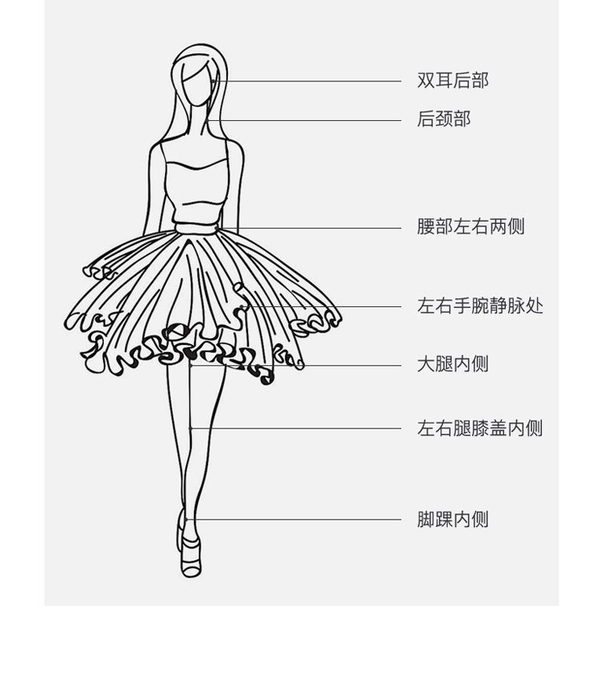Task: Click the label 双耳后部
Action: pyautogui.click(x=453, y=81)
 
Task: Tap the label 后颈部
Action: pyautogui.click(x=444, y=119)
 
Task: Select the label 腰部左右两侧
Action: pyautogui.click(x=470, y=226)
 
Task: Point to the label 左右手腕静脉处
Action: pyautogui.click(x=479, y=305)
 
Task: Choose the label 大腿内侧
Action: pyautogui.click(x=453, y=364)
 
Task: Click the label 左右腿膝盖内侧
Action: pyautogui.click(x=479, y=428)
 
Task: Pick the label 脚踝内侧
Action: pyautogui.click(x=453, y=519)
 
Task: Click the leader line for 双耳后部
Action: pyautogui.click(x=307, y=81)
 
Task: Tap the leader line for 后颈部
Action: pyautogui.click(x=304, y=121)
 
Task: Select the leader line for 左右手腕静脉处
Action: pyautogui.click(x=322, y=307)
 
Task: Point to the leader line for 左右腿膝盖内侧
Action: pyautogui.click(x=296, y=429)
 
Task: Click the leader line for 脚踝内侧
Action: pyautogui.click(x=293, y=520)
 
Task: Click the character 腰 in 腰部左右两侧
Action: pyautogui.click(x=426, y=226)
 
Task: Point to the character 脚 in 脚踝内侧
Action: pyautogui.click(x=426, y=519)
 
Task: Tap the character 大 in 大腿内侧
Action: pyautogui.click(x=426, y=364)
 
